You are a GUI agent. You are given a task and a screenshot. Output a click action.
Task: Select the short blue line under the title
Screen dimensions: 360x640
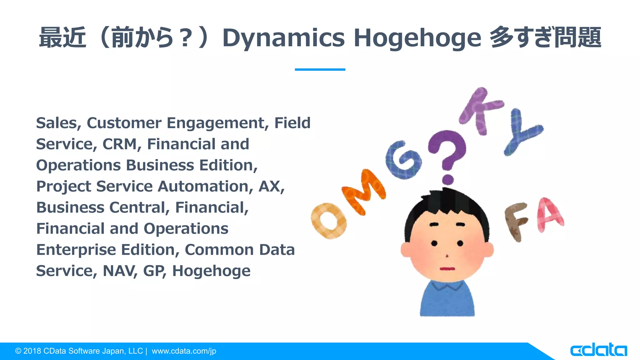pyautogui.click(x=320, y=69)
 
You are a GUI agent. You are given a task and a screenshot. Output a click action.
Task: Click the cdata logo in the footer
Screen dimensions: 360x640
pyautogui.click(x=598, y=350)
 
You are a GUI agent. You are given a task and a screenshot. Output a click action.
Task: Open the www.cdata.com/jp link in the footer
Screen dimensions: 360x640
pyautogui.click(x=184, y=351)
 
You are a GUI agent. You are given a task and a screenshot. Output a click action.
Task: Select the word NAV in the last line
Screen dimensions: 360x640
pyautogui.click(x=120, y=271)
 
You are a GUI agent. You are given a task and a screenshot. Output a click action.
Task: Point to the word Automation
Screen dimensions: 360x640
pyautogui.click(x=205, y=187)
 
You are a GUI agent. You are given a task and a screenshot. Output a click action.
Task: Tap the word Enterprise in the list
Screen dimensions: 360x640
pyautogui.click(x=76, y=250)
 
